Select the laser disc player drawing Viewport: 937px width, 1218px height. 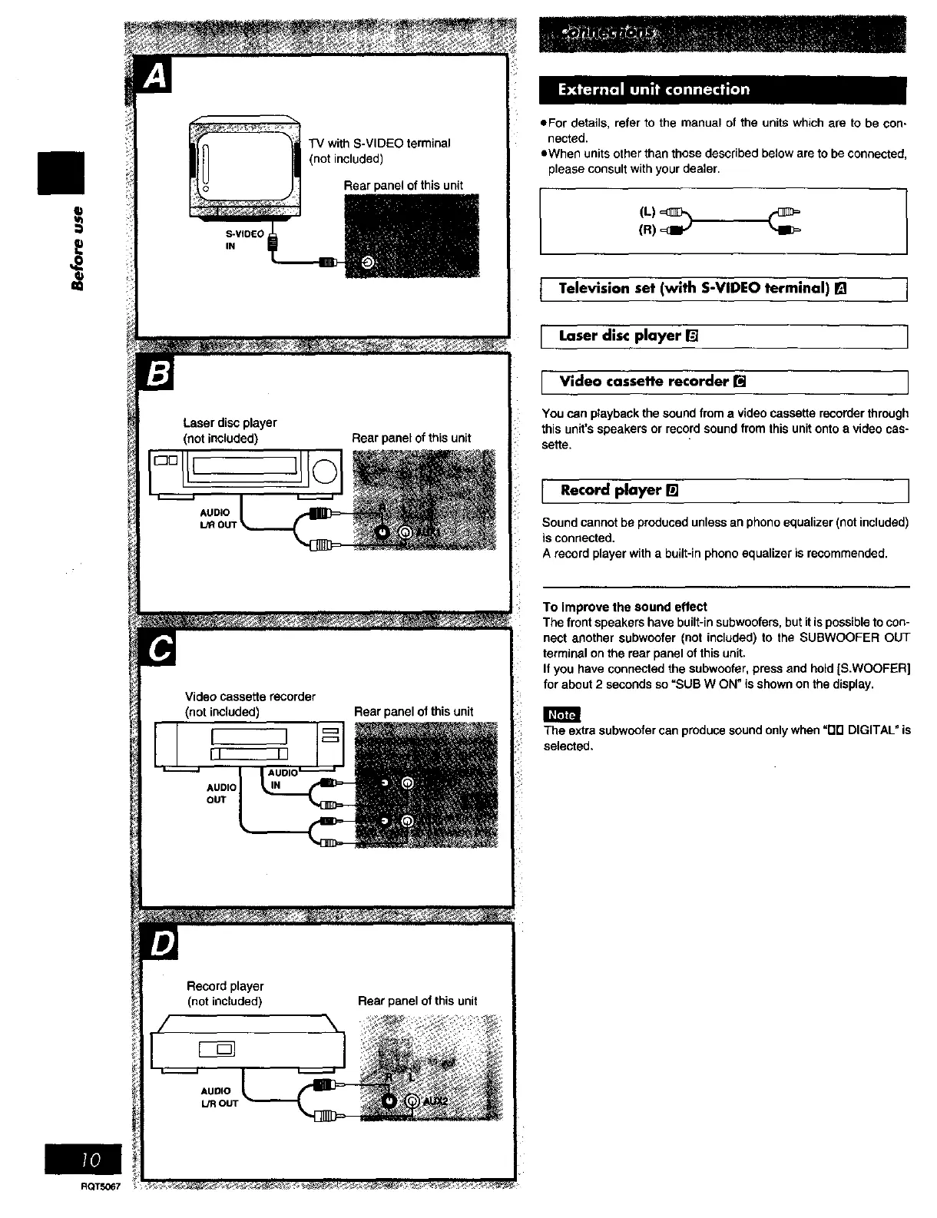(243, 471)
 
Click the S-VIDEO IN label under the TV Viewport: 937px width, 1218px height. (244, 240)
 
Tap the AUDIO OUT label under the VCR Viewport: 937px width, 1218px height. (220, 793)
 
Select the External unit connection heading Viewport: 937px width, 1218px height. (654, 90)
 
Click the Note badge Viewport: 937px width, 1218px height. (562, 714)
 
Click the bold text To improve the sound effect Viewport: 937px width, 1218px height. (624, 607)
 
